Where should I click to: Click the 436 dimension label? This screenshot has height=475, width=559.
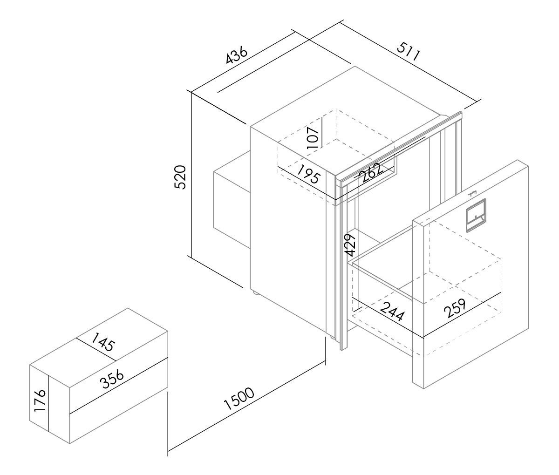[x=236, y=55]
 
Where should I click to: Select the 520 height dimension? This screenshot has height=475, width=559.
[x=180, y=177]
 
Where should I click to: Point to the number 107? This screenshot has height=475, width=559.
[x=313, y=137]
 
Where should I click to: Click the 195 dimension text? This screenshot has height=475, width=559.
[x=309, y=174]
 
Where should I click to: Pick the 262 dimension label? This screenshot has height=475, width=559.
[x=372, y=173]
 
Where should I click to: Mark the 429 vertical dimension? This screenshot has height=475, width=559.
[x=350, y=245]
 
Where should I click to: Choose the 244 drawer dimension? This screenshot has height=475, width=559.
[x=393, y=311]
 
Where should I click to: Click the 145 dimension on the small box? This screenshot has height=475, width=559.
[x=103, y=342]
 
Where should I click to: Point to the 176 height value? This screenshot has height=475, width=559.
[x=40, y=400]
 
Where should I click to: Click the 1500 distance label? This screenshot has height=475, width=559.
[x=239, y=399]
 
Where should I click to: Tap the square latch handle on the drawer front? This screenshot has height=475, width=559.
[x=476, y=215]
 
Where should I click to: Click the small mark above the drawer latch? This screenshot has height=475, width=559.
[x=472, y=193]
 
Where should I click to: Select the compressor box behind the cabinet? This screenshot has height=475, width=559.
[x=232, y=199]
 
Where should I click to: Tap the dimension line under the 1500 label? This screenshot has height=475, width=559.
[x=246, y=407]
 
